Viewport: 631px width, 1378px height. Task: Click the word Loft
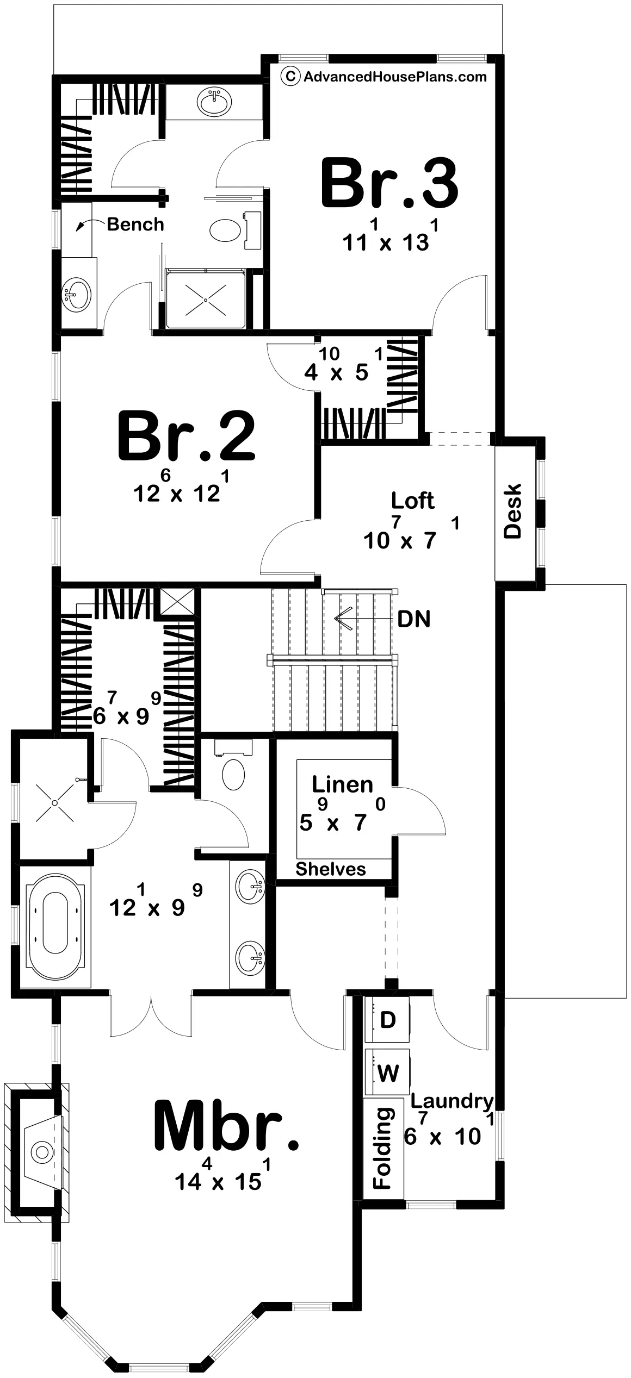point(413,501)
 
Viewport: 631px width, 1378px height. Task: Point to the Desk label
point(512,511)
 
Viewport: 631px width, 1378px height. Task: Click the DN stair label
point(414,619)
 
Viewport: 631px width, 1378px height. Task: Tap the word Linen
point(343,784)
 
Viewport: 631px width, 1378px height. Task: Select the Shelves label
point(331,869)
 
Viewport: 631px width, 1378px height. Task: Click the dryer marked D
point(387,1020)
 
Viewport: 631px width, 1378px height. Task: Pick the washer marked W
point(387,1072)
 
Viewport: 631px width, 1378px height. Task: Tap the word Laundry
point(452,1102)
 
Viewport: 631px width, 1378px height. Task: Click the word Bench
point(135,224)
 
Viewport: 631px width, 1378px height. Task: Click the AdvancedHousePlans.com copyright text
point(384,76)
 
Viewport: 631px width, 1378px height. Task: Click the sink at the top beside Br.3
point(214,102)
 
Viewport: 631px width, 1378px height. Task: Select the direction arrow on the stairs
point(345,619)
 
